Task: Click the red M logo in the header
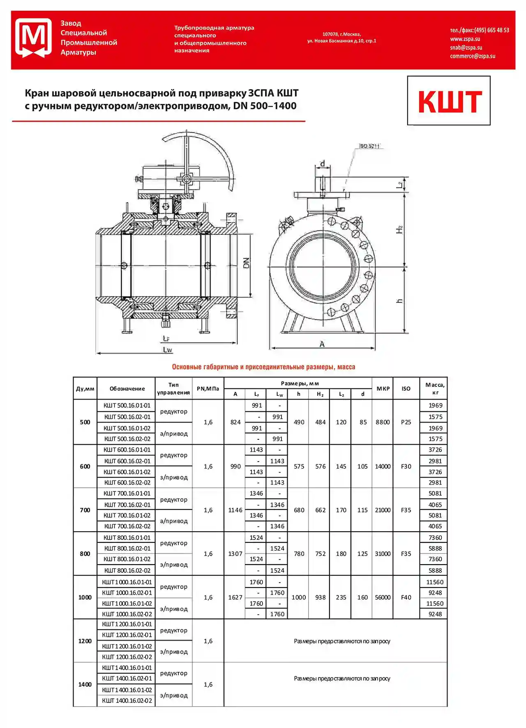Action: pyautogui.click(x=33, y=38)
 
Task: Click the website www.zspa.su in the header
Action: pyautogui.click(x=465, y=39)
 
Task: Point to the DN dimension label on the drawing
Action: pyautogui.click(x=246, y=263)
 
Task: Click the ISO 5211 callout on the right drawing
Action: pyautogui.click(x=369, y=146)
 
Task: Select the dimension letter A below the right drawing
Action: pyautogui.click(x=322, y=344)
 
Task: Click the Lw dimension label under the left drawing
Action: pyautogui.click(x=167, y=350)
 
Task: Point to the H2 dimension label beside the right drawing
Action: pyautogui.click(x=399, y=230)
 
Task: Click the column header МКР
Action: pyautogui.click(x=383, y=388)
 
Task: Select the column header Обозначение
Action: pyautogui.click(x=127, y=388)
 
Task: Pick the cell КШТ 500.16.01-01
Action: pyautogui.click(x=127, y=405)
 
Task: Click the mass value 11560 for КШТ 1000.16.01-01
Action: pyautogui.click(x=435, y=582)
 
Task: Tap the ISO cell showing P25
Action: pyautogui.click(x=406, y=422)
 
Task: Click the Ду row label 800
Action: pyautogui.click(x=85, y=553)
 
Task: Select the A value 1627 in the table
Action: pyautogui.click(x=235, y=597)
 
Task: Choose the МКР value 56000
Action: pyautogui.click(x=383, y=597)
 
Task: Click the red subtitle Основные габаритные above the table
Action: pyautogui.click(x=263, y=367)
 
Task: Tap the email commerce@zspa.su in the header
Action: pyautogui.click(x=472, y=56)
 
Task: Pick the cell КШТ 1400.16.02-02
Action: pyautogui.click(x=127, y=700)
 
